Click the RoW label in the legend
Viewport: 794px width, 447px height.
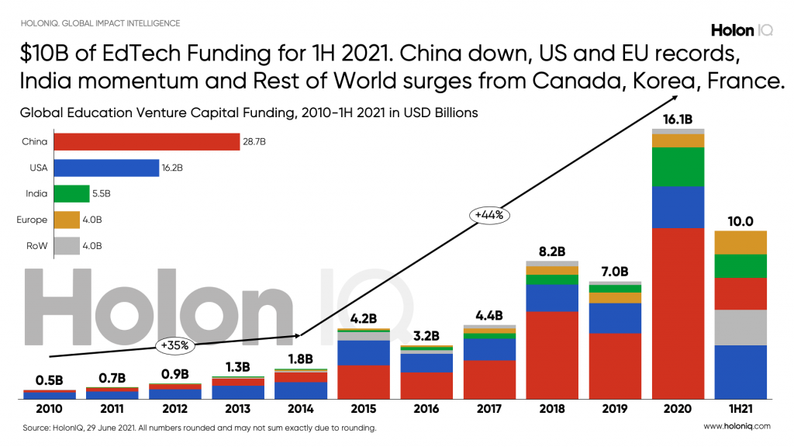coord(37,246)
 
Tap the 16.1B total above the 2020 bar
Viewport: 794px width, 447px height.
coord(677,120)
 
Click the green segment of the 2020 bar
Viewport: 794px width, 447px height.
coord(678,167)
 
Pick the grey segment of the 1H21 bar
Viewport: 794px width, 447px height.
coord(740,327)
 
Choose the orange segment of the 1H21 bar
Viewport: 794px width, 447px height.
coord(740,242)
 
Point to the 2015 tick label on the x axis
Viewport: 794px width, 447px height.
coord(364,409)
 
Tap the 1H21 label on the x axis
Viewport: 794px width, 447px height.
coord(740,409)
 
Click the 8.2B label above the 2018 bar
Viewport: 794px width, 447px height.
coord(552,251)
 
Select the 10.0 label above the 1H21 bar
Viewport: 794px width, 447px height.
coord(740,221)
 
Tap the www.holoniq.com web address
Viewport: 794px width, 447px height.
coord(737,427)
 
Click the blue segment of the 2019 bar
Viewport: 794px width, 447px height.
coord(615,318)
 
